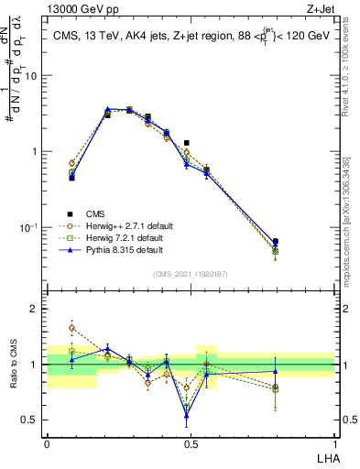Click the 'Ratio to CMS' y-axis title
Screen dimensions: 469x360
pyautogui.click(x=16, y=365)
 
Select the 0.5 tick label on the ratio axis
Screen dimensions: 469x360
pyautogui.click(x=30, y=420)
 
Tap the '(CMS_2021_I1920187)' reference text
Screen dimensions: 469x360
pyautogui.click(x=190, y=274)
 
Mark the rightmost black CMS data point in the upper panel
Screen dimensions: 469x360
pyautogui.click(x=301, y=242)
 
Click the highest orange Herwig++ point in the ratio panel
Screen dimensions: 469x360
pyautogui.click(x=71, y=327)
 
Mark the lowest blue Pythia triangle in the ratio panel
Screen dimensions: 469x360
pyautogui.click(x=187, y=416)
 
